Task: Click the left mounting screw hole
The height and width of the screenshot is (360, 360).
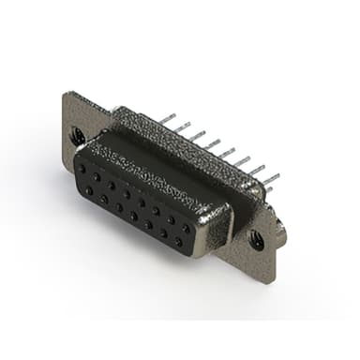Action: tap(78, 137)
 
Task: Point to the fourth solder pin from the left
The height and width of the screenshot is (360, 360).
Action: tap(213, 143)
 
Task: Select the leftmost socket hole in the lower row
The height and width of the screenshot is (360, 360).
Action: tap(89, 190)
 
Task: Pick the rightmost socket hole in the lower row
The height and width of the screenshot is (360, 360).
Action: tap(177, 241)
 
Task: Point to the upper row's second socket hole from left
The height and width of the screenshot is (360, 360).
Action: tap(97, 177)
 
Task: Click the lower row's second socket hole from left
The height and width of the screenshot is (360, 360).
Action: tap(103, 199)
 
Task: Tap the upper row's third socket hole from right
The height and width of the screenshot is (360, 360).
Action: tap(157, 212)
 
